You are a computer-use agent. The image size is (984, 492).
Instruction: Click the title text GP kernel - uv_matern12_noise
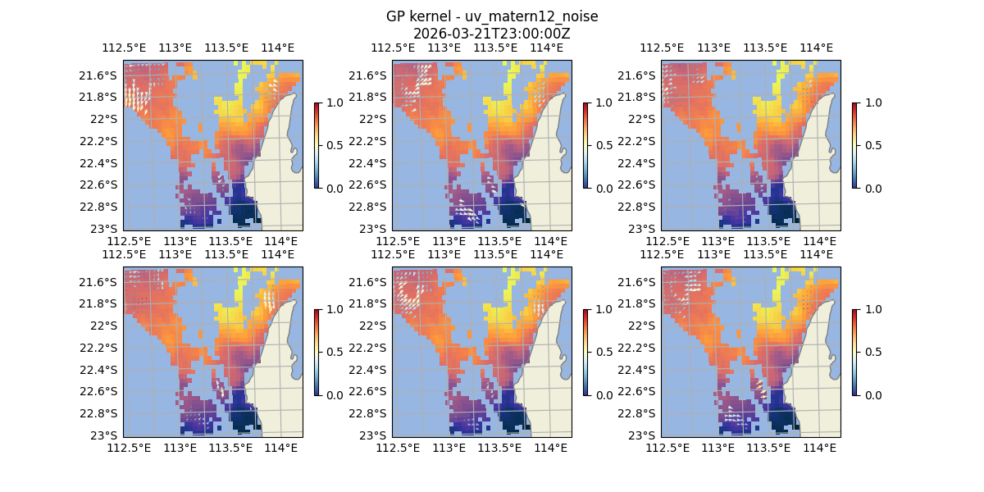[x=491, y=17]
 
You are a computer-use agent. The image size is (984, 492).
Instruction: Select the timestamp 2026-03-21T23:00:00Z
[x=491, y=34]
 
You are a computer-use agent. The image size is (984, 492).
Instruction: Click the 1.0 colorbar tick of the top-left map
[x=335, y=102]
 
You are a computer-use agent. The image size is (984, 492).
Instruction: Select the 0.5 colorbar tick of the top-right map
[x=872, y=145]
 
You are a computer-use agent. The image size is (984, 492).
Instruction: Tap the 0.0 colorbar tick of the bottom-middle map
[x=604, y=394]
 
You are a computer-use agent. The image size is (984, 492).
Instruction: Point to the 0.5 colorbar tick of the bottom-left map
[x=335, y=352]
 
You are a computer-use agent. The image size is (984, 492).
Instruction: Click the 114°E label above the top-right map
[x=815, y=48]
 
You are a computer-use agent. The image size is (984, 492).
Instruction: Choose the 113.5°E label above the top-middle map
[x=495, y=48]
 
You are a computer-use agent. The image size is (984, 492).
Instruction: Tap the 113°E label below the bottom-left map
[x=180, y=448]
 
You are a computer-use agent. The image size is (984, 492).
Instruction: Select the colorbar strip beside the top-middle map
[x=585, y=145]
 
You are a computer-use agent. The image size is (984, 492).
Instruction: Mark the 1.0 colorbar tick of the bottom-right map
[x=872, y=309]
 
